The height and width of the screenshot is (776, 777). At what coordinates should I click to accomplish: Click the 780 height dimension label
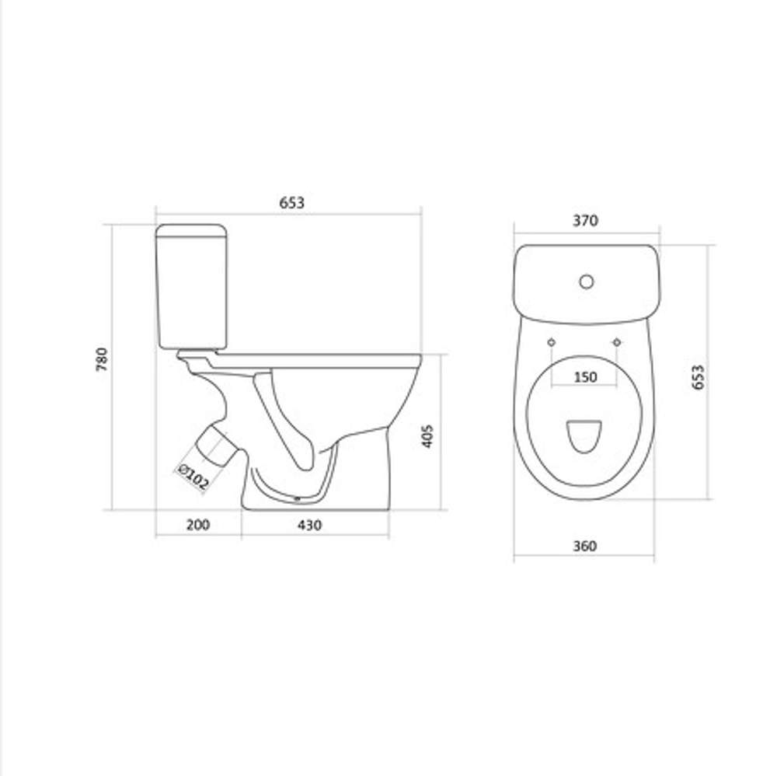pyautogui.click(x=102, y=359)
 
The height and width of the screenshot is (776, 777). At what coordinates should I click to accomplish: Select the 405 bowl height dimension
pyautogui.click(x=427, y=436)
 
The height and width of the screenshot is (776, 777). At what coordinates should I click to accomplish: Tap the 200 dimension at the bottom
pyautogui.click(x=197, y=525)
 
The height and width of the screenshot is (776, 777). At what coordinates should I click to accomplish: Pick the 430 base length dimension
pyautogui.click(x=310, y=525)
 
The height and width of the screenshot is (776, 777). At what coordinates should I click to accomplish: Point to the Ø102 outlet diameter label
pyautogui.click(x=193, y=477)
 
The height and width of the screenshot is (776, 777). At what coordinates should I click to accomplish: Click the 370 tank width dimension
pyautogui.click(x=585, y=221)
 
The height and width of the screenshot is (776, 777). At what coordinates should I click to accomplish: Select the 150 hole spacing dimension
pyautogui.click(x=585, y=377)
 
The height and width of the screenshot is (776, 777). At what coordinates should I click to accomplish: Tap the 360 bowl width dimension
pyautogui.click(x=585, y=546)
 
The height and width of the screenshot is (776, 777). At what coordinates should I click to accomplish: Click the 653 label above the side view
pyautogui.click(x=292, y=203)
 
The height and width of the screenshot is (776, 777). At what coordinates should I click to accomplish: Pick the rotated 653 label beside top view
pyautogui.click(x=698, y=377)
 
